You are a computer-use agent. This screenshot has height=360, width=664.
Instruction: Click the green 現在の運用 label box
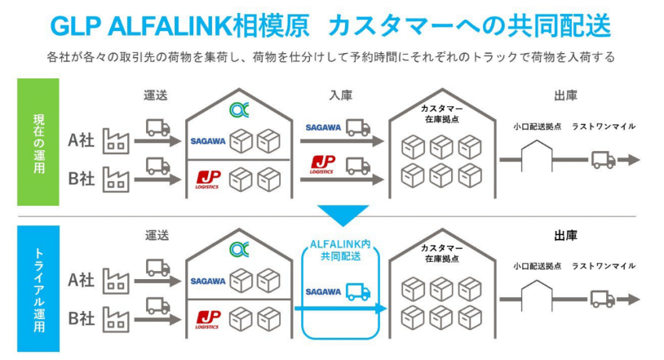click(x=38, y=142)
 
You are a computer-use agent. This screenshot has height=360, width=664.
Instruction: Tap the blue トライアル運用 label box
click(x=38, y=288)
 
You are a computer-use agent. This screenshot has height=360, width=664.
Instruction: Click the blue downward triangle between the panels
click(x=343, y=215)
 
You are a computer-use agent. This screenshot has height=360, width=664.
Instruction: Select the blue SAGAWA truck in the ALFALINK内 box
click(x=358, y=291)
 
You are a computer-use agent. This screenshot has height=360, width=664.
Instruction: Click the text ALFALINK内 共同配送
click(x=340, y=250)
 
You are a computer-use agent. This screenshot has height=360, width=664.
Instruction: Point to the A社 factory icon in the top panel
click(x=116, y=140)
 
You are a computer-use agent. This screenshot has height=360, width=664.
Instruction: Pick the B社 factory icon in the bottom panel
click(x=116, y=319)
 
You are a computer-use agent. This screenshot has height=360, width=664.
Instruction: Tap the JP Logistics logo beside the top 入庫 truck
click(x=323, y=165)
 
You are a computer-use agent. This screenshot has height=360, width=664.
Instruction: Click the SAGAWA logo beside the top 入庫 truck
click(x=323, y=127)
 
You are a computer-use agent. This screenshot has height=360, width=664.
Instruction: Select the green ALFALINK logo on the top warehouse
click(x=239, y=110)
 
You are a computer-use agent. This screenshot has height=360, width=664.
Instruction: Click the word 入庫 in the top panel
click(x=341, y=96)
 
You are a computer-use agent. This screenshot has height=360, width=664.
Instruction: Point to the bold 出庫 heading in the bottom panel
click(x=566, y=236)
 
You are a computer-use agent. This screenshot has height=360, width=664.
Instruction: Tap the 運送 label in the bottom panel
click(x=157, y=235)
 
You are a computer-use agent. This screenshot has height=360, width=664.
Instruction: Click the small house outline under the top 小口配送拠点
click(x=537, y=156)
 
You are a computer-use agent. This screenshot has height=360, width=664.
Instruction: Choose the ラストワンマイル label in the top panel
click(x=604, y=127)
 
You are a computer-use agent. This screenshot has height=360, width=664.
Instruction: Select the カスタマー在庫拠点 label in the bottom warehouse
click(x=442, y=253)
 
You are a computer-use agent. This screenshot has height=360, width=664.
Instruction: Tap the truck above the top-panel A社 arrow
click(x=158, y=127)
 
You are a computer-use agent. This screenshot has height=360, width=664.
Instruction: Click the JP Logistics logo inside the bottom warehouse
click(x=207, y=320)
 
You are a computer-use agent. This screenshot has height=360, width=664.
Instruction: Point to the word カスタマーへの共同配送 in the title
click(x=469, y=25)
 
